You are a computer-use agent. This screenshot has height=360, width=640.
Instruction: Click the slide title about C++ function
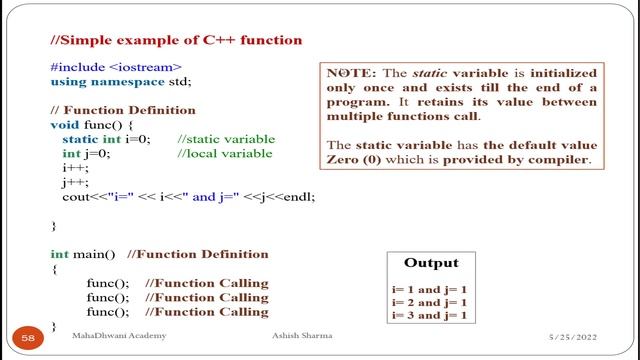click(176, 40)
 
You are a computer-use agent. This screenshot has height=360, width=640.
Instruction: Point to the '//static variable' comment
click(225, 139)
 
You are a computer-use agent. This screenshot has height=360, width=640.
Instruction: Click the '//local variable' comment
click(224, 154)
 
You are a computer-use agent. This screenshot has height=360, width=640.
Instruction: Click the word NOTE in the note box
click(350, 74)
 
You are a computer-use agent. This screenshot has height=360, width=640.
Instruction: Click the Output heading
click(431, 264)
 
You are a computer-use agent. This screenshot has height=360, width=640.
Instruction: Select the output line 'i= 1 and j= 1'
click(430, 289)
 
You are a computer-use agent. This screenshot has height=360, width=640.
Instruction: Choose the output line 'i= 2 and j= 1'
click(430, 302)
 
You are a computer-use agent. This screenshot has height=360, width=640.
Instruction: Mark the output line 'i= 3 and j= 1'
click(430, 315)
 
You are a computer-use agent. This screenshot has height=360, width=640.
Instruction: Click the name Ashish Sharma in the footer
click(302, 337)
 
